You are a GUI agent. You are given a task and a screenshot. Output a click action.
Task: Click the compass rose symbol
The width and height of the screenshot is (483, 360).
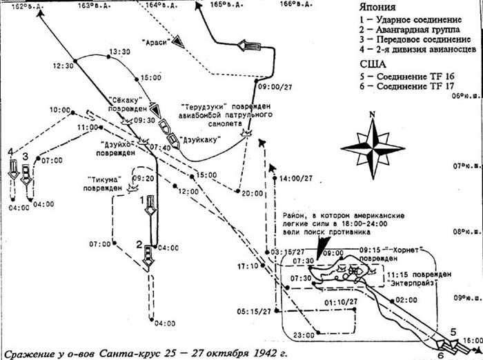coord(373,150)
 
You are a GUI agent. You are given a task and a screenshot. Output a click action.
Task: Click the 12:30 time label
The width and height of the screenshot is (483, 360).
coord(62,66)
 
